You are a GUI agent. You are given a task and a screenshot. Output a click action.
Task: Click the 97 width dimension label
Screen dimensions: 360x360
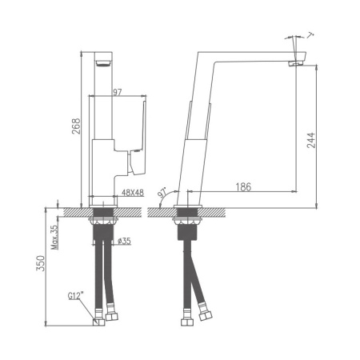[x=118, y=93]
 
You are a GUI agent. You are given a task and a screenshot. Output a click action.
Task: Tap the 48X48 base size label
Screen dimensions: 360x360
[x=132, y=192]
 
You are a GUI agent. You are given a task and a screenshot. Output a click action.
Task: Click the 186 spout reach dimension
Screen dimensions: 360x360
[x=244, y=186]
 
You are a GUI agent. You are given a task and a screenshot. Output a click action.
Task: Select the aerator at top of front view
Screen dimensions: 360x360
[x=100, y=64]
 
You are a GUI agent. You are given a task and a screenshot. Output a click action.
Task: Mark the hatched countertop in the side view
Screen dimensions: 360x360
[x=240, y=211]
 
